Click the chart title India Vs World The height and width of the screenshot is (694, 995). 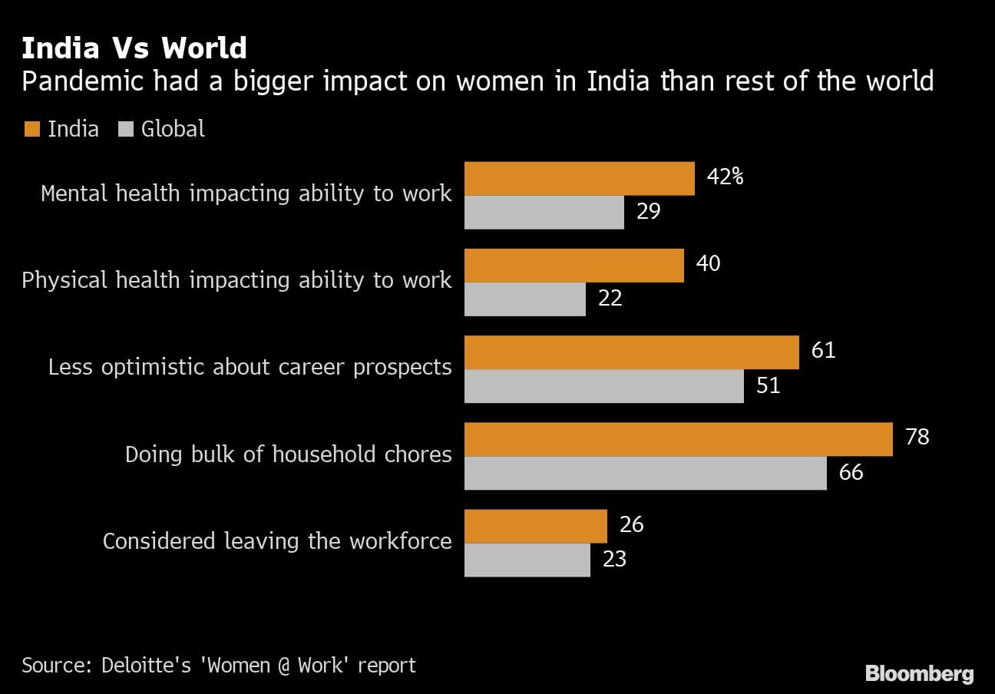point(134,48)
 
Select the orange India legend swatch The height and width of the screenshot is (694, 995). point(31,129)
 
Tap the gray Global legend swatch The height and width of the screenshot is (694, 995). point(125,129)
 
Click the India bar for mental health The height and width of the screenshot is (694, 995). point(580,178)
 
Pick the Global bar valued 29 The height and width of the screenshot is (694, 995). point(544,212)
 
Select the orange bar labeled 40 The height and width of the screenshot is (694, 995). point(574,265)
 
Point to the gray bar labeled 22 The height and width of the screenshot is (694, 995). point(525,299)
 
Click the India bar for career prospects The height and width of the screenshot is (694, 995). point(632,352)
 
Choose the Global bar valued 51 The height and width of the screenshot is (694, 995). point(604,385)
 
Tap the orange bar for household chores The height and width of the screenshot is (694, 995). point(679,438)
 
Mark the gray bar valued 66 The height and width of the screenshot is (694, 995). point(646,472)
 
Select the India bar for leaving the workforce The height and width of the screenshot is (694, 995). point(536,525)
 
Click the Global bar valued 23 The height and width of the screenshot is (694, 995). point(527,559)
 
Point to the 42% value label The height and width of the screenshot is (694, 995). point(726,177)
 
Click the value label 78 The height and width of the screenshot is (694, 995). point(917,437)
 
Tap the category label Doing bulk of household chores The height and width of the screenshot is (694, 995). point(288,454)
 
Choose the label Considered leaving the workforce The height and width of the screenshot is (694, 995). point(277,541)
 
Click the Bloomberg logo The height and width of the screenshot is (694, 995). point(919,674)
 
